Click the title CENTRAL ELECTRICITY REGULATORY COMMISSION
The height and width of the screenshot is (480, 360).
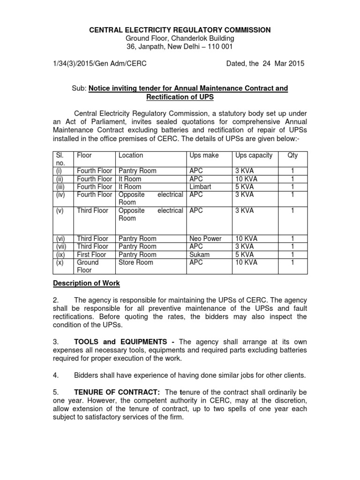180,30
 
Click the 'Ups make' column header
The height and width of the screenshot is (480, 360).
204,155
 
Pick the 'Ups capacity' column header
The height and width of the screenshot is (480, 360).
254,155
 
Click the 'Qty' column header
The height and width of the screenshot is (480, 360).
292,155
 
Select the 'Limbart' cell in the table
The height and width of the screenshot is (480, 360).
201,187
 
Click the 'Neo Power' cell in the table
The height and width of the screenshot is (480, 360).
206,239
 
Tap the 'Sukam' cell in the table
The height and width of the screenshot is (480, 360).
200,255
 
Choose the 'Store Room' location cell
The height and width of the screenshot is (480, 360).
136,262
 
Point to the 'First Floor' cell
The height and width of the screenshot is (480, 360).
91,255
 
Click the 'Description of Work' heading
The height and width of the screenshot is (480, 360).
86,283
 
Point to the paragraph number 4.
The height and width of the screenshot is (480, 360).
55,375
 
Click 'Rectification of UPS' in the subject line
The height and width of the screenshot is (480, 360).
180,97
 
